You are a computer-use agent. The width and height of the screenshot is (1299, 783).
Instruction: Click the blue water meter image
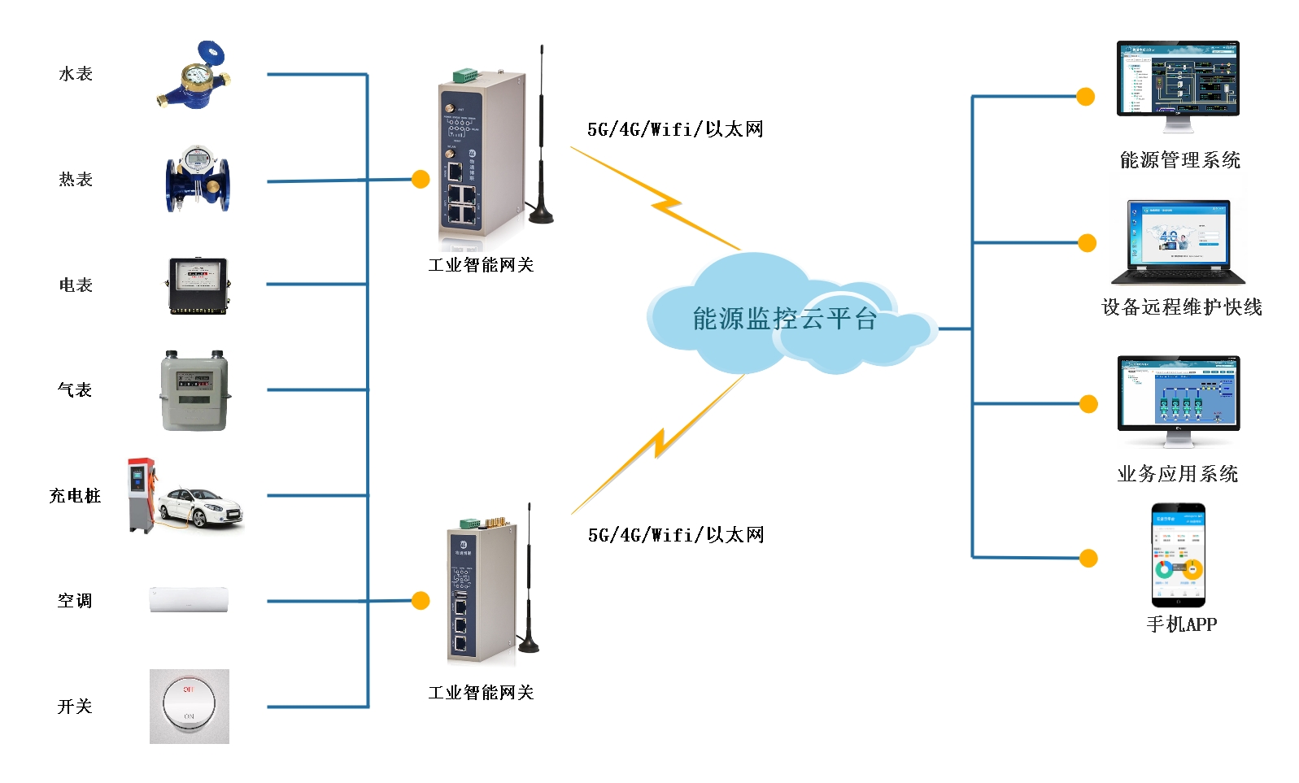(x=194, y=77)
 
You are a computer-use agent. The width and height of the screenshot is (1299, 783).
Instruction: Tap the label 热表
(x=76, y=180)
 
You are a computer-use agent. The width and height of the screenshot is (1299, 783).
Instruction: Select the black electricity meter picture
(x=198, y=285)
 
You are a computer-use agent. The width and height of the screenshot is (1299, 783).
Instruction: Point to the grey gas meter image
(x=194, y=391)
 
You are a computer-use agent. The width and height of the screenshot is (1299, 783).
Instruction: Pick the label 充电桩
(x=75, y=496)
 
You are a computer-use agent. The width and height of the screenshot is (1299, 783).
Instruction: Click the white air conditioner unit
(x=189, y=600)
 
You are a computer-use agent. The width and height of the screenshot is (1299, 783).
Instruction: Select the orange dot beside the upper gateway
(x=421, y=179)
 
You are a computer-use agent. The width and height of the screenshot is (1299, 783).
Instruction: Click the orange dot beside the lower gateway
(x=421, y=601)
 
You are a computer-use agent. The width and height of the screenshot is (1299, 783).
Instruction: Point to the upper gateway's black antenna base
(x=541, y=216)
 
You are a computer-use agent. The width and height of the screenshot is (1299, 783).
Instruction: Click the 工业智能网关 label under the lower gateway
(x=481, y=693)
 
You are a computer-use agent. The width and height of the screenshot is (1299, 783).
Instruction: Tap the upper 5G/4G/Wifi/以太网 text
(x=675, y=129)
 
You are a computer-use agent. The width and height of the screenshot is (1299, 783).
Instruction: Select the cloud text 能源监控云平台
(x=785, y=319)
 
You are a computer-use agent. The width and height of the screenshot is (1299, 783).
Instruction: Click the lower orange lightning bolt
(x=659, y=443)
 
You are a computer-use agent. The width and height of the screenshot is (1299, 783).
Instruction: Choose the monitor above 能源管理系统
(x=1178, y=80)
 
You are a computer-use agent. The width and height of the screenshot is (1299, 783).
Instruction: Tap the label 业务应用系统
(x=1178, y=474)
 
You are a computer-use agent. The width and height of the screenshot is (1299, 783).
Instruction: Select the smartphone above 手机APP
(x=1178, y=555)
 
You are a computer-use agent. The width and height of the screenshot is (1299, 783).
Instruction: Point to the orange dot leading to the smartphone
(x=1088, y=559)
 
